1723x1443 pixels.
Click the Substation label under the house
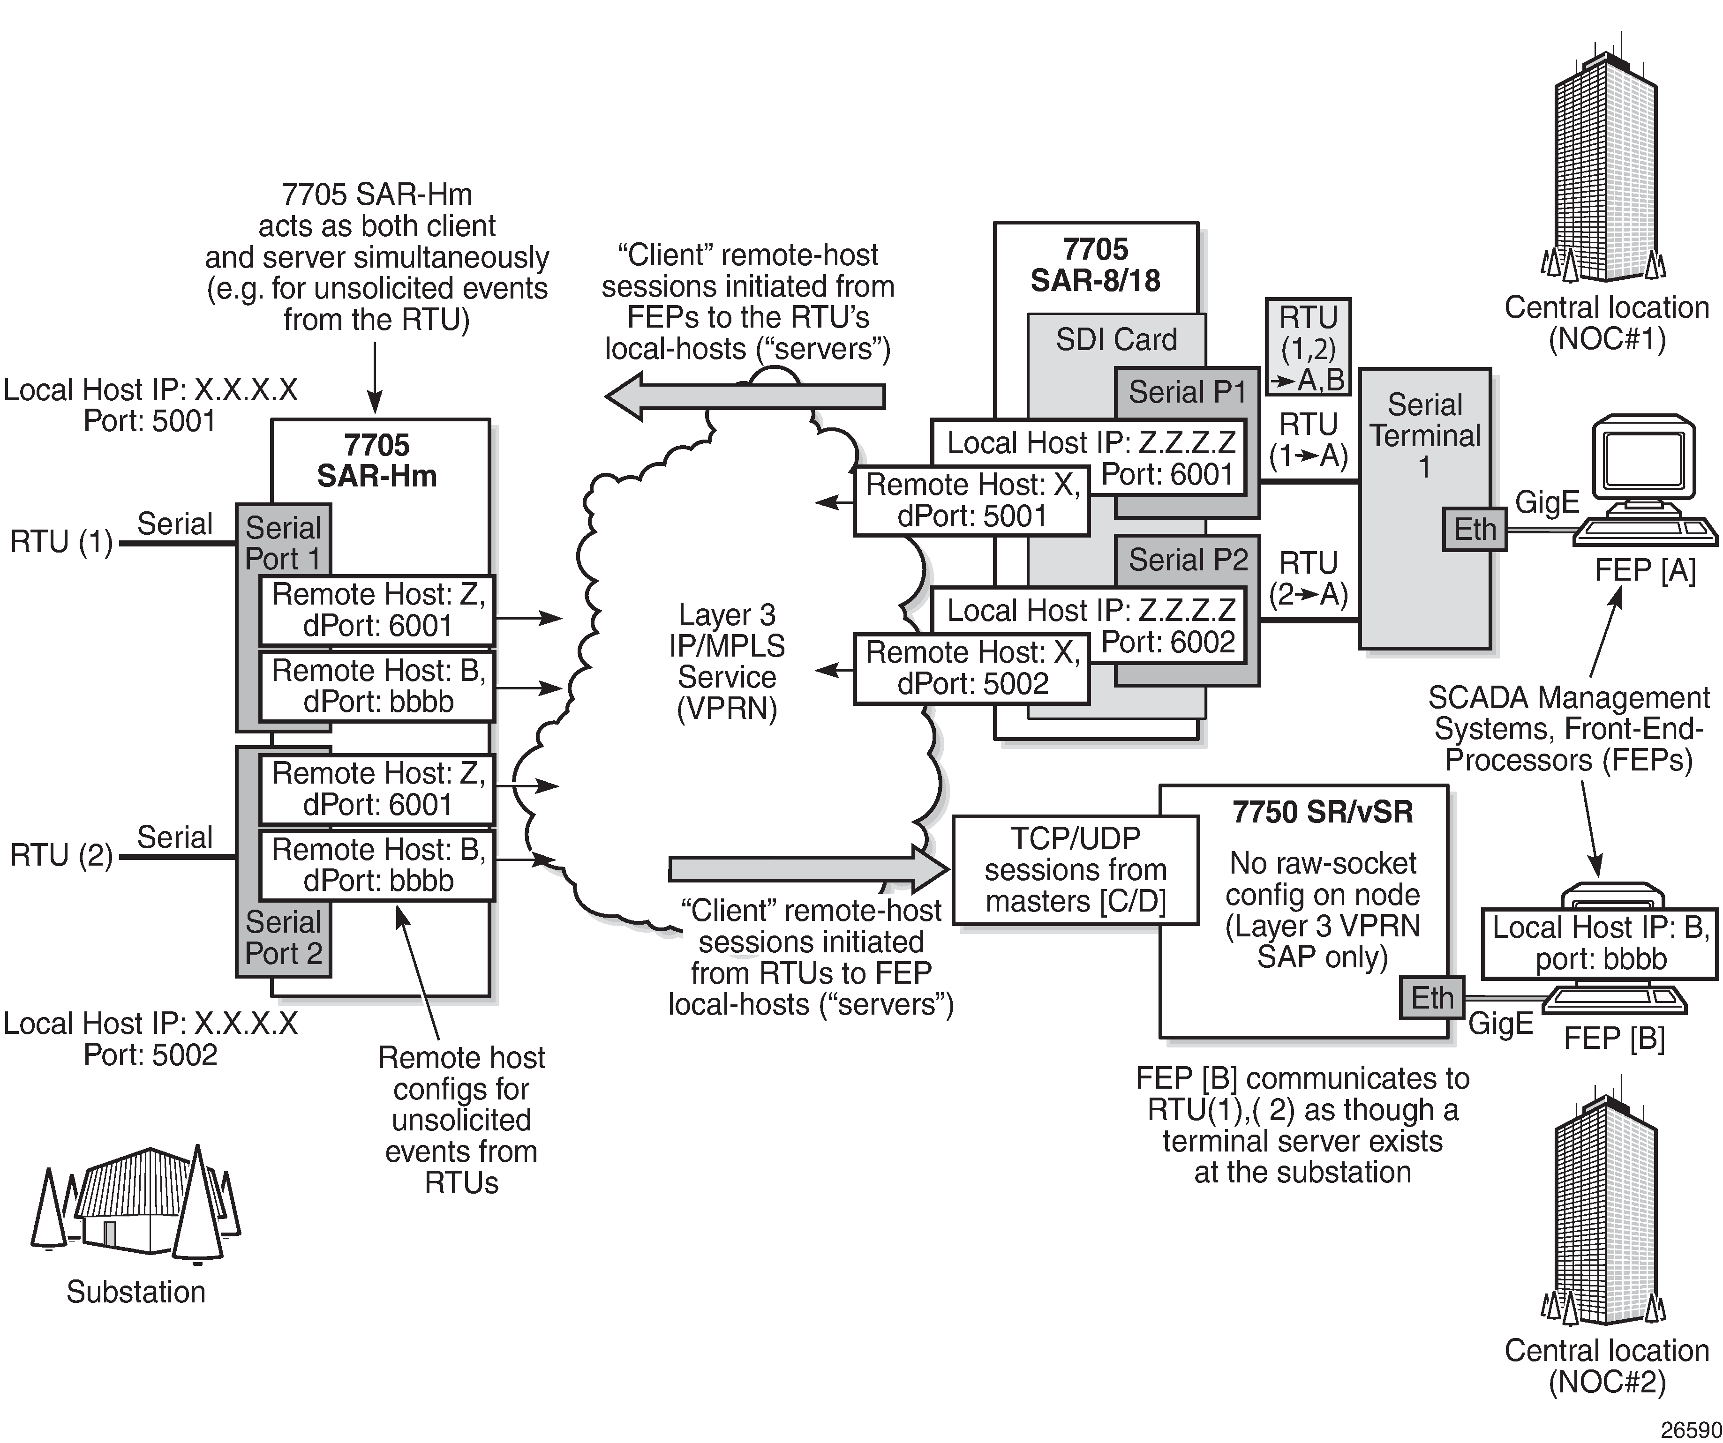(136, 1292)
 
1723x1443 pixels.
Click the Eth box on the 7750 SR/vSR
(1432, 998)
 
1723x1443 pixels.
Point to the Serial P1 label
(1187, 392)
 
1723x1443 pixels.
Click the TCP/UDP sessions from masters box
(1075, 869)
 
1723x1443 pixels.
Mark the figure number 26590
(1690, 1428)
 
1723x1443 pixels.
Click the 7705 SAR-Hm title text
(376, 460)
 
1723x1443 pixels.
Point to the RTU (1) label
(61, 542)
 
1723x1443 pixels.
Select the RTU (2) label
(61, 856)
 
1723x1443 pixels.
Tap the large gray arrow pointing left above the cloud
(745, 396)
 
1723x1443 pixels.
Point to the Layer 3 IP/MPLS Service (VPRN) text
(727, 661)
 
